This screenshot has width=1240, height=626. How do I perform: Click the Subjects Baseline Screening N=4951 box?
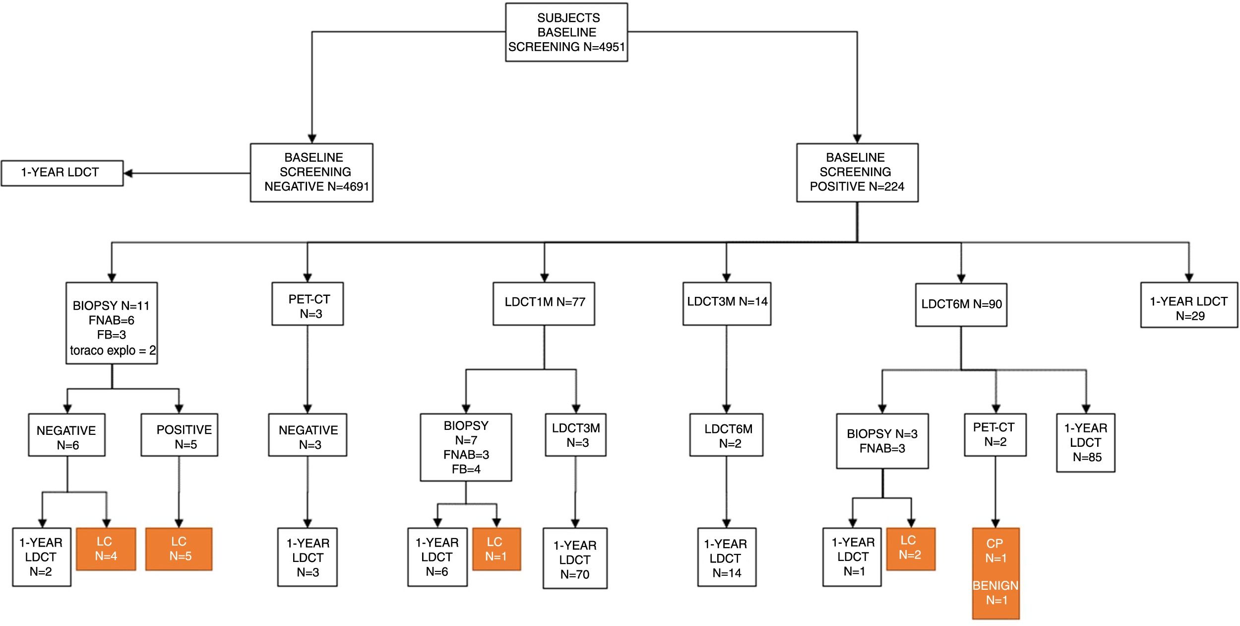tap(566, 32)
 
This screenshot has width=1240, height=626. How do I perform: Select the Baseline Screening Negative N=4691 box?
tap(311, 173)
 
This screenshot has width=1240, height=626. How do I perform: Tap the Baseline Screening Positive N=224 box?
tap(857, 173)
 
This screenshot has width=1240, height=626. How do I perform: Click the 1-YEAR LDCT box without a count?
tap(62, 173)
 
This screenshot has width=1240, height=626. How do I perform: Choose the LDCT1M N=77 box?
tap(544, 304)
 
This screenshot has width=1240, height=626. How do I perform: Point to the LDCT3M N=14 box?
tap(727, 304)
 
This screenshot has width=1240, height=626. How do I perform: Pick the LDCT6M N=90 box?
tap(961, 305)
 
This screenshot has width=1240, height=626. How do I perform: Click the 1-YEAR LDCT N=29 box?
tap(1189, 305)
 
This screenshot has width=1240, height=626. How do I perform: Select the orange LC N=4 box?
tap(106, 549)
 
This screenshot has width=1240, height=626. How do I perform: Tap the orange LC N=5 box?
tap(179, 549)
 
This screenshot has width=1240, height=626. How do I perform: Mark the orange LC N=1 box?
tap(496, 549)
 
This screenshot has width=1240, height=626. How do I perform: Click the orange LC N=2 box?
tap(911, 549)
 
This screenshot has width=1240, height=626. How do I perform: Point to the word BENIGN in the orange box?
tap(995, 586)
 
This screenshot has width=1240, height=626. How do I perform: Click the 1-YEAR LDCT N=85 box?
tap(1086, 443)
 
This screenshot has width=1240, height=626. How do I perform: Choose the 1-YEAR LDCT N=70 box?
tap(575, 558)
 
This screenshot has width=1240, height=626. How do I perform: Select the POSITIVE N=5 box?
tap(179, 435)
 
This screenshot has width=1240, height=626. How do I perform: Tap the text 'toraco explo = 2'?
tap(113, 350)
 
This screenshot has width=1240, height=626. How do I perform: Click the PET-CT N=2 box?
tap(995, 435)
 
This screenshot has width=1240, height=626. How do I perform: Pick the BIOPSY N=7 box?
tap(466, 447)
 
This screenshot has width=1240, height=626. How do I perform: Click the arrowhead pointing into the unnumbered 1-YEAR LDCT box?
tap(128, 173)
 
